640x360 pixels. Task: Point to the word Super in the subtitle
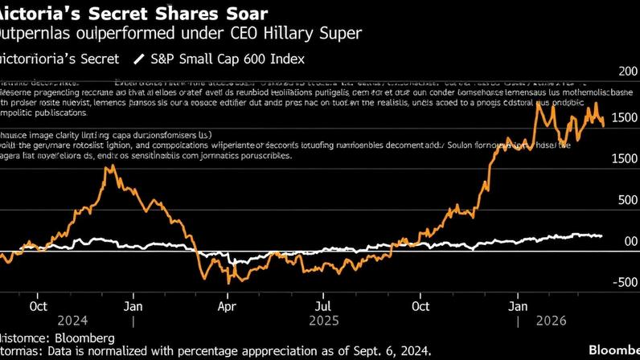341,34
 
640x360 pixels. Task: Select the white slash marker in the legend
140,59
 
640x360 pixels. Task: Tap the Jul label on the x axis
322,306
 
